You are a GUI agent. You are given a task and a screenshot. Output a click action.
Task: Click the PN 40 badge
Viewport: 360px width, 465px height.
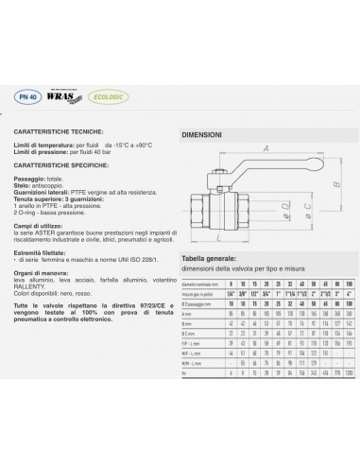pos(37,96)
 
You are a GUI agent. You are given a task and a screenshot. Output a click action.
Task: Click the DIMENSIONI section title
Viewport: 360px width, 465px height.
pos(200,135)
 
